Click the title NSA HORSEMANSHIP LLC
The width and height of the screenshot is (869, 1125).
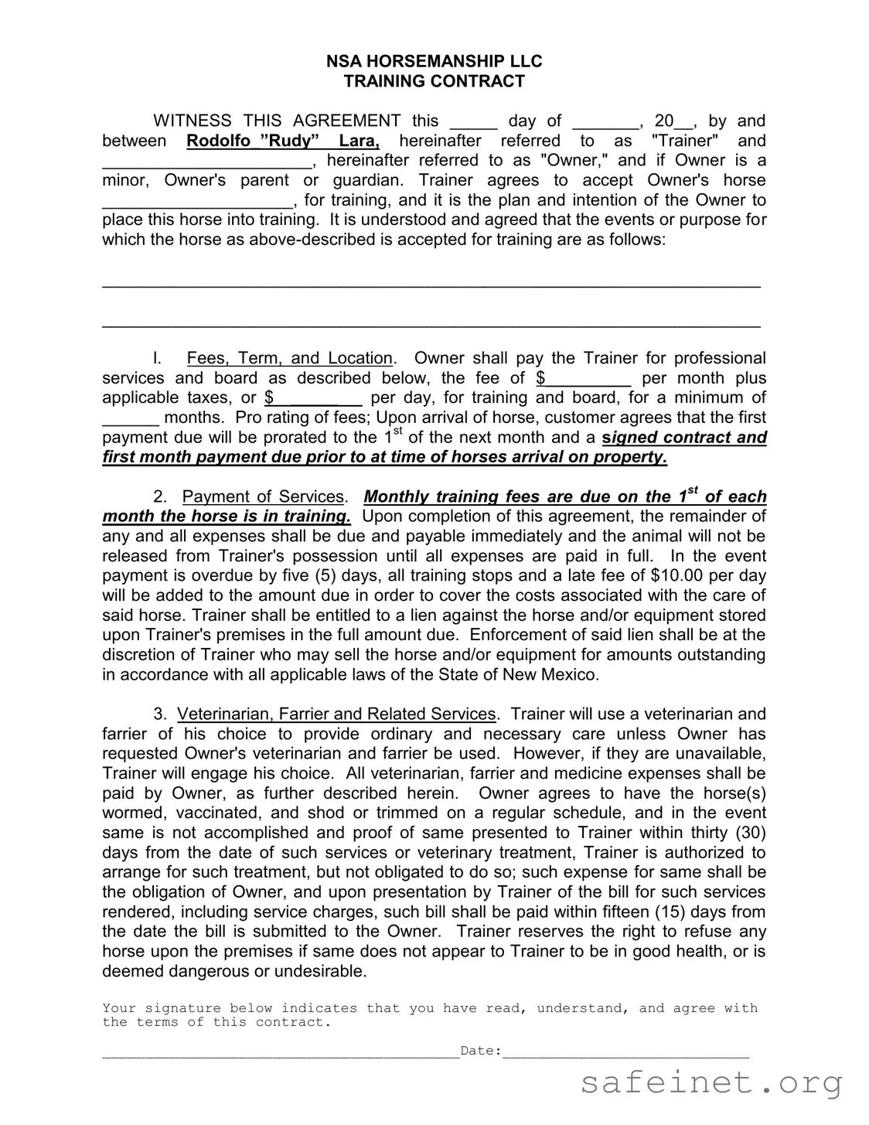click(x=434, y=61)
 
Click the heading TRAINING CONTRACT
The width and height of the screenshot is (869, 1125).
click(x=434, y=81)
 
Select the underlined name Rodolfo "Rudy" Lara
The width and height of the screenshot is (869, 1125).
click(x=283, y=141)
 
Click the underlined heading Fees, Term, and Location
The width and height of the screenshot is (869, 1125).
click(x=290, y=358)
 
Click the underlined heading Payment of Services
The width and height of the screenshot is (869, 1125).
click(x=263, y=496)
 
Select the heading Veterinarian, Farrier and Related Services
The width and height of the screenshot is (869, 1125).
click(x=336, y=714)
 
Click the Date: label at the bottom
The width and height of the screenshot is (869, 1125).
click(x=480, y=1050)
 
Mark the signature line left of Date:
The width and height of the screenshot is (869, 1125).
click(x=280, y=1053)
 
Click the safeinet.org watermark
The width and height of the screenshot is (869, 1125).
click(x=711, y=1083)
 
